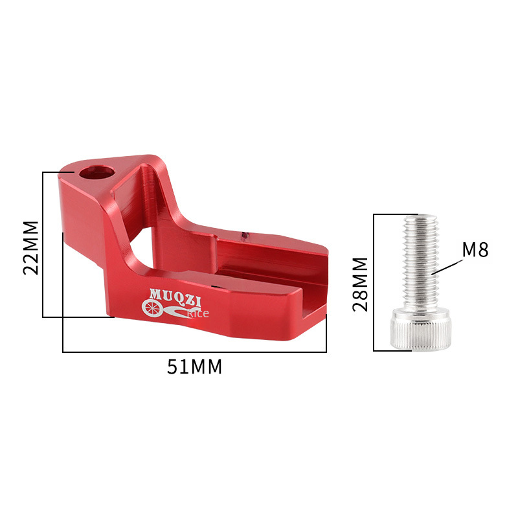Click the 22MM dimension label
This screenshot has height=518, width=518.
click(30, 248)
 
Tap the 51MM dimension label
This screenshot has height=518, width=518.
click(194, 366)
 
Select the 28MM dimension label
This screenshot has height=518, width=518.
click(360, 284)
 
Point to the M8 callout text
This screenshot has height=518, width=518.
click(475, 249)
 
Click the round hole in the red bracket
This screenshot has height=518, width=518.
click(96, 172)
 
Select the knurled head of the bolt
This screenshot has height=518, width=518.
click(420, 329)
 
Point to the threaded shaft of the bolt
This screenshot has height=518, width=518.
click(420, 263)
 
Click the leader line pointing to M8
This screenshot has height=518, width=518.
click(447, 267)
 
